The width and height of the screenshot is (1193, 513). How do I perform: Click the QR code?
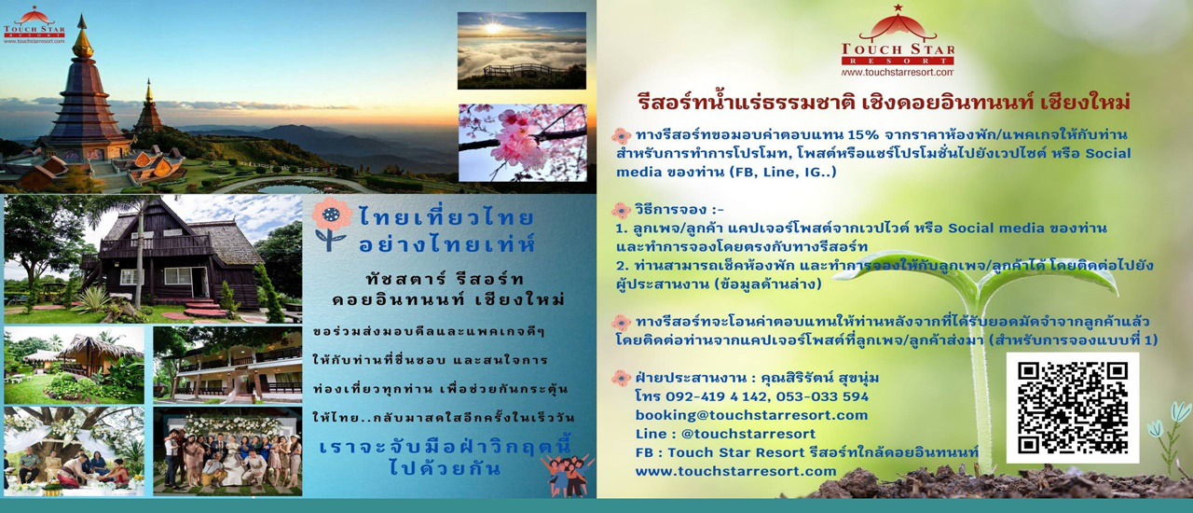pyautogui.click(x=1072, y=408)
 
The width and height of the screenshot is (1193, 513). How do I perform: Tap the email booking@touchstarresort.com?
pyautogui.click(x=751, y=415)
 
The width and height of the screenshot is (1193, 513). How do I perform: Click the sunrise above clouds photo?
pyautogui.click(x=521, y=50)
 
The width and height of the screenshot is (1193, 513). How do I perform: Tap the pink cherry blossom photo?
pyautogui.click(x=521, y=142)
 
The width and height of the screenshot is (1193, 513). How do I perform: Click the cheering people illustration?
pyautogui.click(x=566, y=474)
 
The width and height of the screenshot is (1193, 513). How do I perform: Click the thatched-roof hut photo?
pyautogui.click(x=75, y=365)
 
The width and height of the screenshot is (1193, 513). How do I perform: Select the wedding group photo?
pyautogui.click(x=227, y=451)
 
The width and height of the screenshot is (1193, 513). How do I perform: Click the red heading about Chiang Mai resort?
pyautogui.click(x=884, y=101)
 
